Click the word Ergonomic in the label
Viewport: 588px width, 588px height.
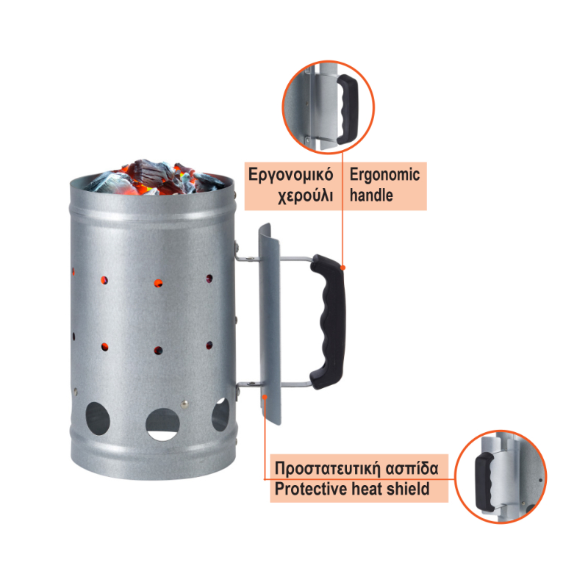pos(384,176)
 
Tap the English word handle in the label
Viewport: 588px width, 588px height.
pos(371,196)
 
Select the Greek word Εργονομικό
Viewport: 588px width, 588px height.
pos(290,176)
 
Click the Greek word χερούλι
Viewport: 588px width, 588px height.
pos(305,196)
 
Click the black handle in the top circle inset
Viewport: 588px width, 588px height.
pos(348,109)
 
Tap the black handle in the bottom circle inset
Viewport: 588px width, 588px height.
pos(485,481)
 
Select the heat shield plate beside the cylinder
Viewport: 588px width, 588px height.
pos(270,324)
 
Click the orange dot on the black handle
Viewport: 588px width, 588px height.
pos(343,268)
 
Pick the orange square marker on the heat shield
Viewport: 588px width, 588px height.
pos(265,396)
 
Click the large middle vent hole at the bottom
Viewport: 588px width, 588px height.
pos(162,424)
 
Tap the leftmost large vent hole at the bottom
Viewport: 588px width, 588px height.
pos(98,419)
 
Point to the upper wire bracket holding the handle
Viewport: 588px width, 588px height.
pos(273,258)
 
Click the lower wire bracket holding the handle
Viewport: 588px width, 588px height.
pos(273,384)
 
